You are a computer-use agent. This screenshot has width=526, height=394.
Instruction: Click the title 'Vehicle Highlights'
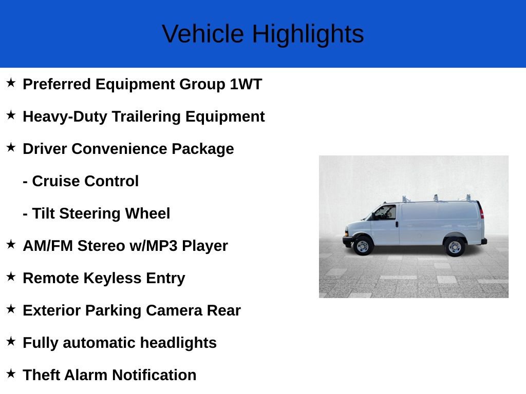click(262, 34)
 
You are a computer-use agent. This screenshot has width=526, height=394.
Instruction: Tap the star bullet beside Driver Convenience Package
click(11, 148)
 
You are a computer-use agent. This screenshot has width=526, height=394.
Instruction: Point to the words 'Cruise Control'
click(85, 181)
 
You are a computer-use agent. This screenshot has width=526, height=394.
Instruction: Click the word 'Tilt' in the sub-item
click(43, 213)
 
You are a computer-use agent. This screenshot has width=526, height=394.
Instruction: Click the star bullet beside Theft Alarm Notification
click(11, 374)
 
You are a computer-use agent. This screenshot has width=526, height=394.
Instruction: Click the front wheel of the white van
click(363, 246)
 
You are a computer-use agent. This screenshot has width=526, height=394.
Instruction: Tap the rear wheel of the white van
click(455, 247)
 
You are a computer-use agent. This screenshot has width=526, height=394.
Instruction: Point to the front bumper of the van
click(348, 240)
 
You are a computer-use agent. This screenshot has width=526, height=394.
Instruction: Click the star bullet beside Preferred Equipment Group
click(11, 83)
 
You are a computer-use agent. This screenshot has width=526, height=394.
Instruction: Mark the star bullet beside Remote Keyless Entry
click(11, 277)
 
